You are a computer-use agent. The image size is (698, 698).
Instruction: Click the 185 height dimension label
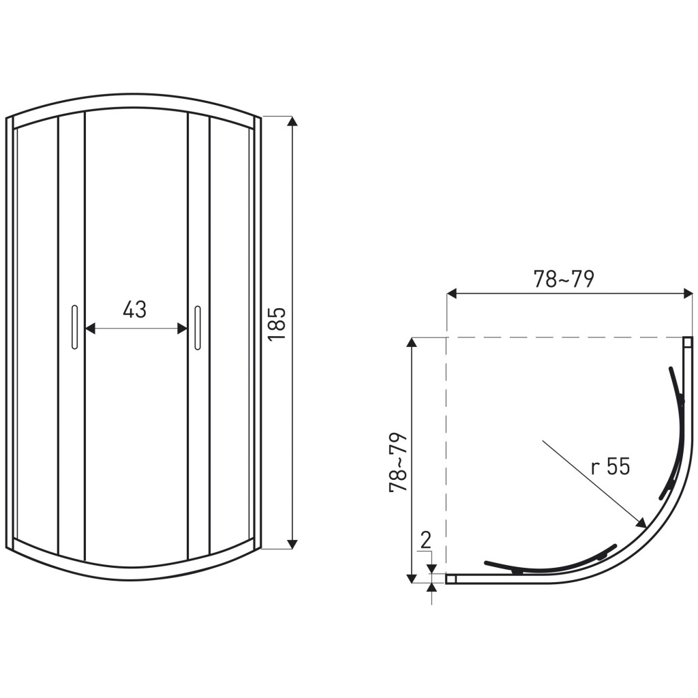[x=277, y=324]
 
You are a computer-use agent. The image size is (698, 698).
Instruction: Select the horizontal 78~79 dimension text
[x=564, y=279]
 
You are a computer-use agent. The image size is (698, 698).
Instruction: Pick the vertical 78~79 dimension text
[x=398, y=462]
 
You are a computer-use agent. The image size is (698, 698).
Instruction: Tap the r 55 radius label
[x=611, y=468]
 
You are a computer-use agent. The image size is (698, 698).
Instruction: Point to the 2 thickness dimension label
[x=426, y=541]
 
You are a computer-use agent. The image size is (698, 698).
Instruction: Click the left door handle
[x=74, y=327]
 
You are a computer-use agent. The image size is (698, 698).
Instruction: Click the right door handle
[x=198, y=327]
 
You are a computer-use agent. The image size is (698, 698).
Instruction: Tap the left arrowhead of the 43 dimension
[x=91, y=329]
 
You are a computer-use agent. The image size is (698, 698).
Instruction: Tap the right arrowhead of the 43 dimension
[x=182, y=329]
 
